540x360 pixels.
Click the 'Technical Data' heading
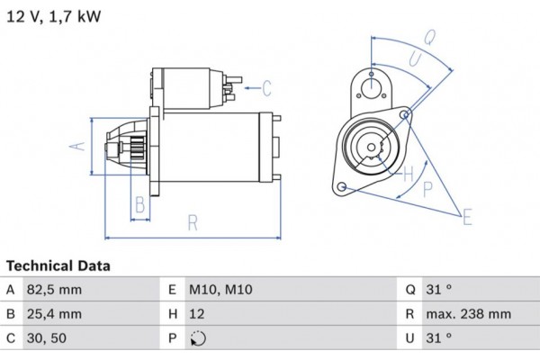point(58,266)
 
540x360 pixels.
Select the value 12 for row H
point(199,314)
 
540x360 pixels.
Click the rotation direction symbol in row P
point(199,339)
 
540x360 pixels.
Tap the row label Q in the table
point(410,290)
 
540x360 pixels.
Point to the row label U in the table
point(410,338)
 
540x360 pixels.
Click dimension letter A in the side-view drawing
point(77,145)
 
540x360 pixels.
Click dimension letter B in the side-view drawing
point(139,205)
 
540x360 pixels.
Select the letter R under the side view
point(192,222)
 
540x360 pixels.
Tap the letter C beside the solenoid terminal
point(266,87)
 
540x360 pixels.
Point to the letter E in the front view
point(467,216)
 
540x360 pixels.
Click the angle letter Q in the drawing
point(429,37)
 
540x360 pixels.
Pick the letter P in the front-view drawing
point(427,188)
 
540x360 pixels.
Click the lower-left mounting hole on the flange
point(342,186)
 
